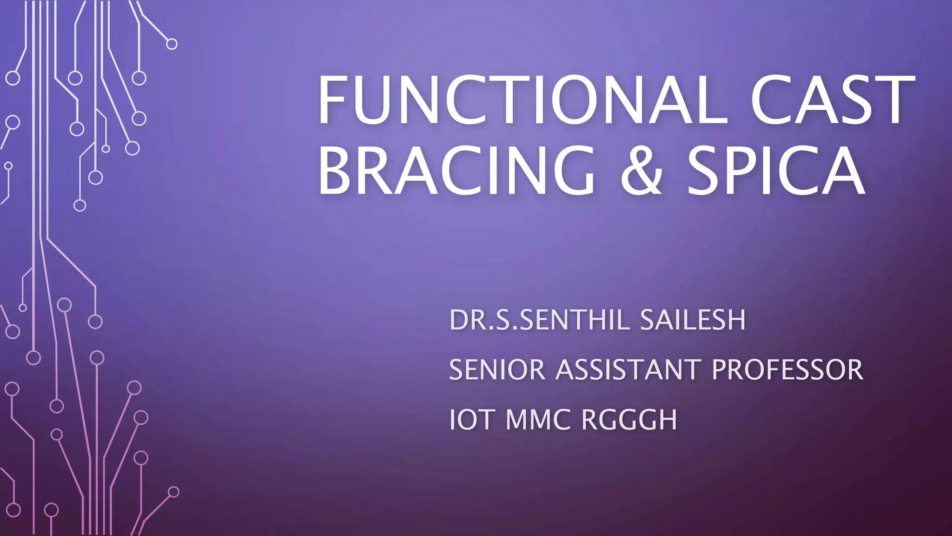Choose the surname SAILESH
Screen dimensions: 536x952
[693, 320]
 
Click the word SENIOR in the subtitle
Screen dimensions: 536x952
[497, 370]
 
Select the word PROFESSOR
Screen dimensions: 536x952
[787, 370]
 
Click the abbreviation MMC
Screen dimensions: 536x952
[538, 420]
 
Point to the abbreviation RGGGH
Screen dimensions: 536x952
[629, 420]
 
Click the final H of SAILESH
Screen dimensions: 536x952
[736, 320]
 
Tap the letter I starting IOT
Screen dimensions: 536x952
[452, 420]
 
